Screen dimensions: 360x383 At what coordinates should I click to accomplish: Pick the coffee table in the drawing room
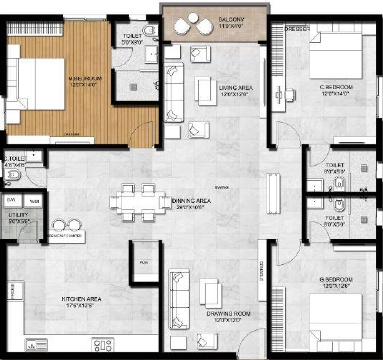[x=210, y=292]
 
